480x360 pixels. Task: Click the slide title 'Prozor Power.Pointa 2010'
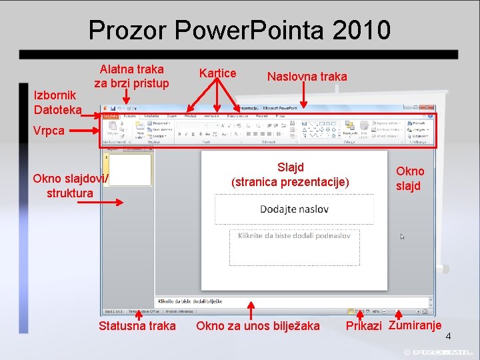tap(239, 30)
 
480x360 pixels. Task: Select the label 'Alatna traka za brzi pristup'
tap(131, 76)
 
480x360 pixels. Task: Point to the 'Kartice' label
tap(217, 73)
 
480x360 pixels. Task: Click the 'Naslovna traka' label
tap(307, 77)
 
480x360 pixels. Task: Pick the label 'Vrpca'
tap(49, 130)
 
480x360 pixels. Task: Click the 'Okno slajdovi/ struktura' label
tap(70, 186)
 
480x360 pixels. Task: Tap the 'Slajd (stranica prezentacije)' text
tap(290, 174)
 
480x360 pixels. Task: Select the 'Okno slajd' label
tap(409, 179)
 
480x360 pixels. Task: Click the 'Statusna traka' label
tap(137, 326)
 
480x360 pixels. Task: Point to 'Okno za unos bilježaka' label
tap(257, 326)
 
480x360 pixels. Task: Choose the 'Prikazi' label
tap(363, 327)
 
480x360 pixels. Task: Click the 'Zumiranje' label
tap(415, 325)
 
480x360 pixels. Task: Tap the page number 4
tap(448, 336)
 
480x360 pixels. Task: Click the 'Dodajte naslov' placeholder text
tap(294, 209)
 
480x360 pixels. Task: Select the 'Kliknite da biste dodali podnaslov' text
tap(294, 235)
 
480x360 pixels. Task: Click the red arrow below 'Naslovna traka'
tap(304, 96)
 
